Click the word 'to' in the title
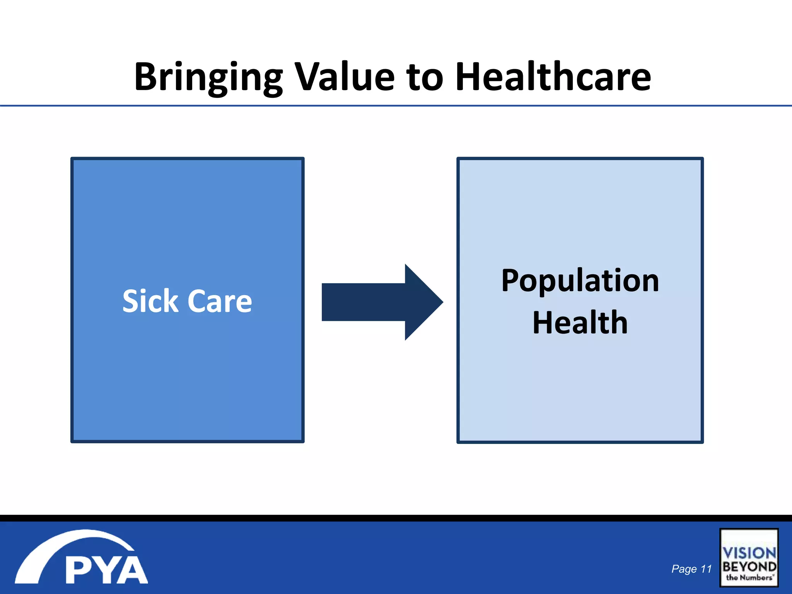tap(425, 77)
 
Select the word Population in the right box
tap(580, 281)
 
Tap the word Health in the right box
tap(580, 323)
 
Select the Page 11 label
tap(691, 569)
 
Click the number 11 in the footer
tap(706, 569)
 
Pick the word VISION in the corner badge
tap(749, 553)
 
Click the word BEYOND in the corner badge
tap(749, 567)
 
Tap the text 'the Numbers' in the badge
tap(749, 577)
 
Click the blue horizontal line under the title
tap(396, 105)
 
